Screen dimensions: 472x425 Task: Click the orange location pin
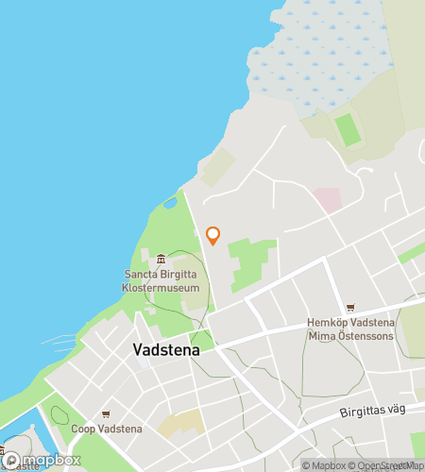pyautogui.click(x=213, y=235)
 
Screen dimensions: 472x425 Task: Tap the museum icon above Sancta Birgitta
pyautogui.click(x=161, y=260)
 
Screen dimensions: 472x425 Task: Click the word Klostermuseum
pyautogui.click(x=161, y=287)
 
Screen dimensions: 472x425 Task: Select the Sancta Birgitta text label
pyautogui.click(x=161, y=275)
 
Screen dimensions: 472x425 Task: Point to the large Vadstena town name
pyautogui.click(x=161, y=349)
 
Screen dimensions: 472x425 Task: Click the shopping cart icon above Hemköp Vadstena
pyautogui.click(x=350, y=307)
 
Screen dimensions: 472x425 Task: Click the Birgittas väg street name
pyautogui.click(x=377, y=413)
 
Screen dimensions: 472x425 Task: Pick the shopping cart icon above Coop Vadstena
pyautogui.click(x=106, y=414)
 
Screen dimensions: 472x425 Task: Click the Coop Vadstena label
pyautogui.click(x=106, y=430)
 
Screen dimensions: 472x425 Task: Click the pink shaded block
pyautogui.click(x=327, y=199)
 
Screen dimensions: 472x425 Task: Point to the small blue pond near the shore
pyautogui.click(x=170, y=201)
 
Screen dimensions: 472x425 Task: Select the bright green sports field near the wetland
pyautogui.click(x=349, y=129)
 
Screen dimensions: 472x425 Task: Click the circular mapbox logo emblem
pyautogui.click(x=12, y=461)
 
